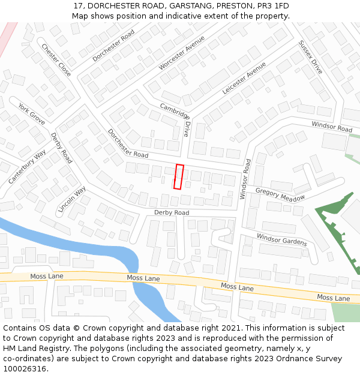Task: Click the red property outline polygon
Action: (x=178, y=176)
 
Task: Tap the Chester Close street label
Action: (x=56, y=60)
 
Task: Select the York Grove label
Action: (x=31, y=114)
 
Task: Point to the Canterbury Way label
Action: (x=27, y=167)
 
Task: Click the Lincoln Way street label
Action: (x=71, y=199)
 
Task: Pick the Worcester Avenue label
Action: (x=182, y=53)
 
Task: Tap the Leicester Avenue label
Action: (x=244, y=78)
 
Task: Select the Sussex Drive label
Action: (x=311, y=58)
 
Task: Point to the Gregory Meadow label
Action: (x=280, y=194)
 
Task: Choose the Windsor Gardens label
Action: (x=282, y=239)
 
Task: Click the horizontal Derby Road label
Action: (x=172, y=213)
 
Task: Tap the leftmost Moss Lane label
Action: (x=47, y=276)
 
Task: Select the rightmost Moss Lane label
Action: (x=333, y=298)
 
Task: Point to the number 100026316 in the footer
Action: (x=25, y=368)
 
